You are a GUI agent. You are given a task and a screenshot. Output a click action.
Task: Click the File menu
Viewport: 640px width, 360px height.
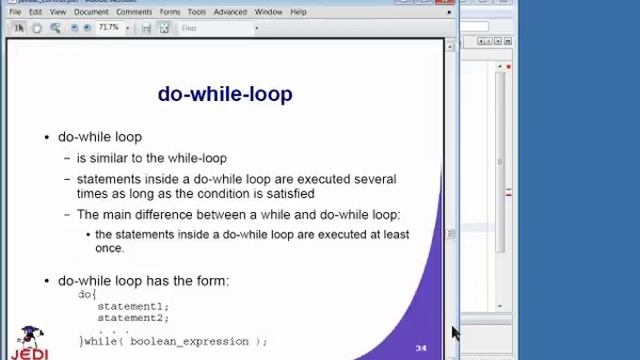(x=15, y=12)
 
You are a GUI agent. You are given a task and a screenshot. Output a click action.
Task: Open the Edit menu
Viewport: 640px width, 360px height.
(x=35, y=12)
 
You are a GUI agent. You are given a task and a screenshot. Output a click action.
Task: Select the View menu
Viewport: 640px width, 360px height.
(x=58, y=12)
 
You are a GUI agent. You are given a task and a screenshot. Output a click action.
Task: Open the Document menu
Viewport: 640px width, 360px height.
(x=91, y=12)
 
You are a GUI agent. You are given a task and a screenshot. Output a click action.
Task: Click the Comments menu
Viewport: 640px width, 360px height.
(x=134, y=12)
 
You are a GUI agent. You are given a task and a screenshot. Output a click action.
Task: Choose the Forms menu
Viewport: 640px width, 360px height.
(x=169, y=12)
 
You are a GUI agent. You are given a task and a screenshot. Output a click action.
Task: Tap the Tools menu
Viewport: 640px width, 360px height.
(x=196, y=12)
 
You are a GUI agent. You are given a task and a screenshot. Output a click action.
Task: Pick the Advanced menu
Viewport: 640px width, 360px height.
(x=230, y=12)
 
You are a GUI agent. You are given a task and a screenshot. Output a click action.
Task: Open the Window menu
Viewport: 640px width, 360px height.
(x=268, y=12)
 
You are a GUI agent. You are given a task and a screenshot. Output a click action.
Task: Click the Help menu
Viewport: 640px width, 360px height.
(x=298, y=12)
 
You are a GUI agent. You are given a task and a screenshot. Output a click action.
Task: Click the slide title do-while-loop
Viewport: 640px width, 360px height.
(x=225, y=94)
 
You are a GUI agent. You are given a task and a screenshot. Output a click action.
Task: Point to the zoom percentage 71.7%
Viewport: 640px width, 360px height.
(x=108, y=28)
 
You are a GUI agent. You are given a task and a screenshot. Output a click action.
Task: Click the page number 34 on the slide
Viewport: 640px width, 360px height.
(x=421, y=348)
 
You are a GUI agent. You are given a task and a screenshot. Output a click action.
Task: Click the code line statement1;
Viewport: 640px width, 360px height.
(x=133, y=306)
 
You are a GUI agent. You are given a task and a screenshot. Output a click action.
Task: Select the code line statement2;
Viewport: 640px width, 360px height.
(x=133, y=318)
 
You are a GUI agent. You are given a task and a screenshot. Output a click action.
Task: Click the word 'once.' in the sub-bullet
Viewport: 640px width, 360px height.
(x=109, y=248)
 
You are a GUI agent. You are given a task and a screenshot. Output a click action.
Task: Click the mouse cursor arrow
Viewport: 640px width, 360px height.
(x=455, y=332)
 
